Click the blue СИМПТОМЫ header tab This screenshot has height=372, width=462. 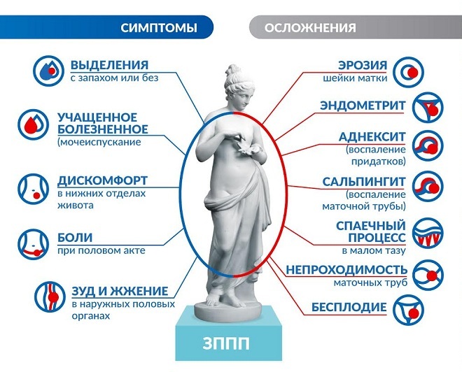[x=157, y=28]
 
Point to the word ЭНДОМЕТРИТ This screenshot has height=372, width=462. [x=363, y=105]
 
